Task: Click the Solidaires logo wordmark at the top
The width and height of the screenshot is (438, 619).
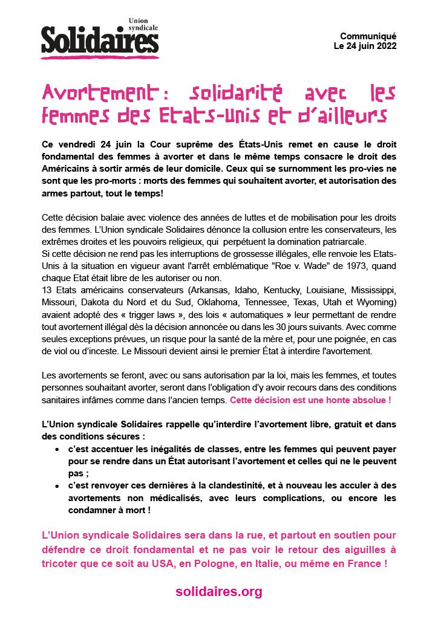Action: pos(100,40)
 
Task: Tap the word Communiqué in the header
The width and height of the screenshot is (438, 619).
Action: pos(368,36)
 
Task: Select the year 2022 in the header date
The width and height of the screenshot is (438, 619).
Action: pos(385,46)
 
